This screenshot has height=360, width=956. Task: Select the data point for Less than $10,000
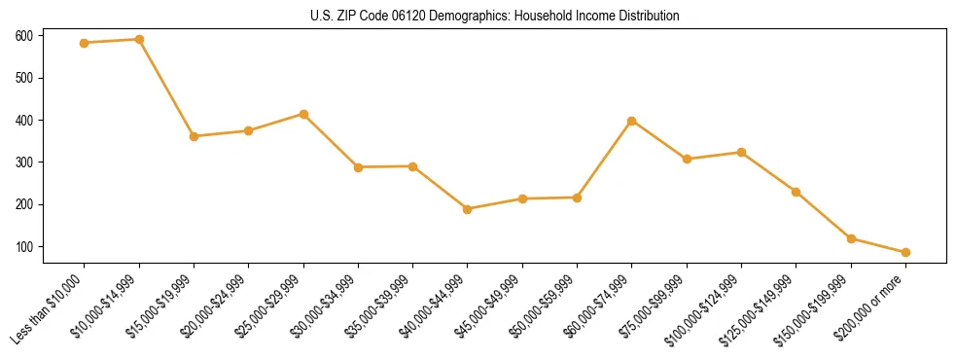(85, 43)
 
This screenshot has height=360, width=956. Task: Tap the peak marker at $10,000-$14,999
(139, 40)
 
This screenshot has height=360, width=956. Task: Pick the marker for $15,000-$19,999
(195, 136)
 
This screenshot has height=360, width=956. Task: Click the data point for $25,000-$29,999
(303, 114)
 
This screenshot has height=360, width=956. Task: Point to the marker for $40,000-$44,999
(468, 209)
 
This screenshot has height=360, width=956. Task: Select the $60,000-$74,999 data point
(632, 121)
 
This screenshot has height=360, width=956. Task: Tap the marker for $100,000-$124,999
(741, 152)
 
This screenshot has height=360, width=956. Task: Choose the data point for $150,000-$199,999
(851, 238)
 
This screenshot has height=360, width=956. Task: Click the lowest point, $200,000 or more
(905, 252)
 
